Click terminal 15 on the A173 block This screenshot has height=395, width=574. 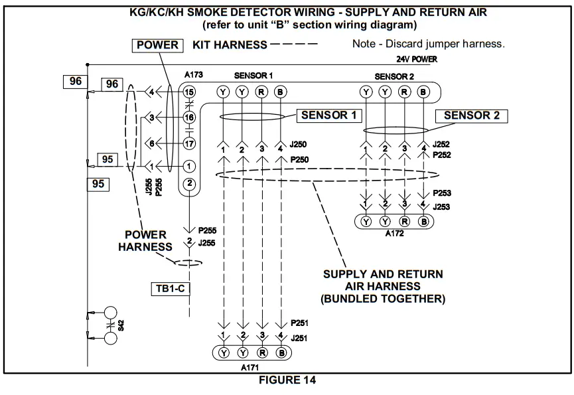tap(190, 92)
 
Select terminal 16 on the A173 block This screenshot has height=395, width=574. tap(190, 118)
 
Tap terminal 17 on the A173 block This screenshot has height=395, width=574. tap(190, 143)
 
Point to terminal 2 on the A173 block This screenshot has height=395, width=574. tap(190, 183)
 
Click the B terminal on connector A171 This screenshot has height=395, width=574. tap(281, 353)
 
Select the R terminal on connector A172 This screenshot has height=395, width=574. tap(405, 221)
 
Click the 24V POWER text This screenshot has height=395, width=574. tap(411, 59)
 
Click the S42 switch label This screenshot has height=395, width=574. tap(120, 325)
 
